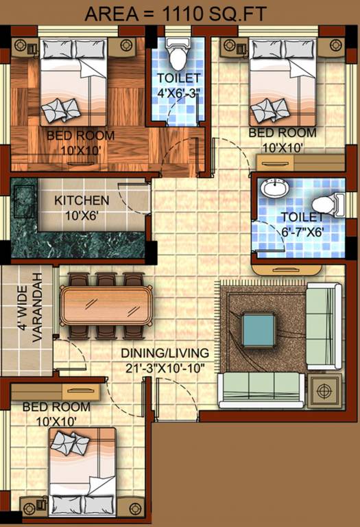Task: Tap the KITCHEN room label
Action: pos(82,200)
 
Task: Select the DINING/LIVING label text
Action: pos(165,353)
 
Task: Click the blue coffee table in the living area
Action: pos(260,329)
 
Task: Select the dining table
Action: pos(106,306)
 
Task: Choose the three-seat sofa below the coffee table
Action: pos(261,390)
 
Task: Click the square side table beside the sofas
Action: pos(323,393)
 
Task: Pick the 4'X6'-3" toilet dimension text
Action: pos(178,93)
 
